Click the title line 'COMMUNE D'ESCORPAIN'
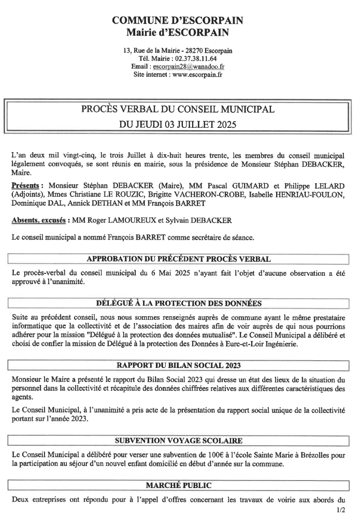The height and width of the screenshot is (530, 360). click(178, 21)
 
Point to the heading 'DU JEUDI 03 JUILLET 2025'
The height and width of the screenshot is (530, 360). click(178, 124)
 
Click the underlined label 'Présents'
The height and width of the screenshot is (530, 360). click(26, 185)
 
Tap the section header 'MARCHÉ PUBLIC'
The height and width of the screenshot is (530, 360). click(179, 485)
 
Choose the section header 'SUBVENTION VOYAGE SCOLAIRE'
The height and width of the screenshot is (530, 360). click(179, 440)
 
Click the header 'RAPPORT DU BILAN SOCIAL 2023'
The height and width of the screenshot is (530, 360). click(179, 365)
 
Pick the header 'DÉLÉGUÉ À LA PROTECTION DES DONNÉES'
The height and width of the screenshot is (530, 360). click(179, 303)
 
